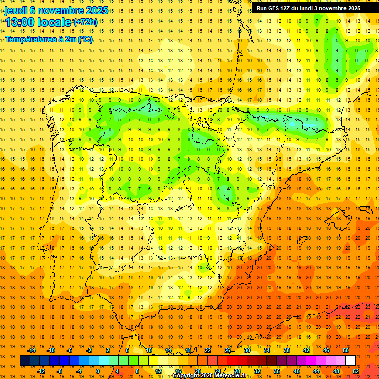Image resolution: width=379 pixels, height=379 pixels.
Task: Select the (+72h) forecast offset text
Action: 85,22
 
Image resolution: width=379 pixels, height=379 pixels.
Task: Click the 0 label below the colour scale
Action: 98,371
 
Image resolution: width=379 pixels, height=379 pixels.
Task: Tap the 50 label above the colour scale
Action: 345,350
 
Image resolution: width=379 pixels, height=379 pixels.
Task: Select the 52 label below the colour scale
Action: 356,371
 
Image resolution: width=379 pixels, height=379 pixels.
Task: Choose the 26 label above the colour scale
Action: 227,350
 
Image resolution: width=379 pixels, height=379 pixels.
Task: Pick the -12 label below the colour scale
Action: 41,371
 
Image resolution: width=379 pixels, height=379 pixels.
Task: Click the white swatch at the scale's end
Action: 350,361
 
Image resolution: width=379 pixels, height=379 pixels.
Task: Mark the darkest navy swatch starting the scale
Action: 25,361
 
